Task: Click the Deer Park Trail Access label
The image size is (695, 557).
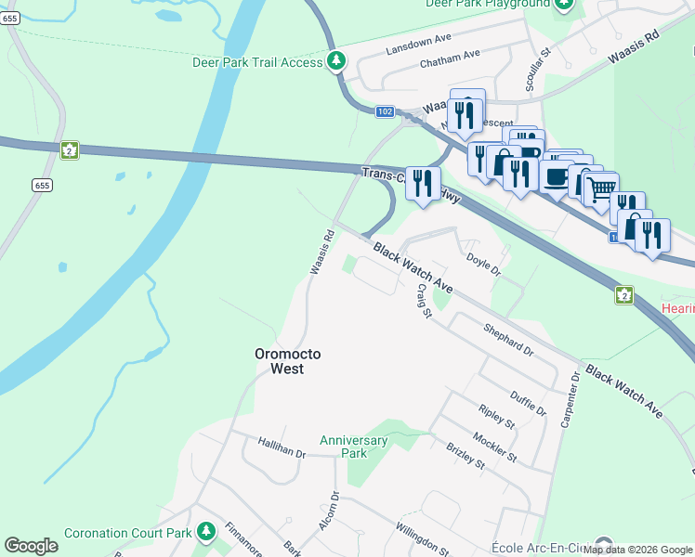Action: click(x=256, y=62)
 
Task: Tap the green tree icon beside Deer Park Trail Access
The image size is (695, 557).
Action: click(x=336, y=62)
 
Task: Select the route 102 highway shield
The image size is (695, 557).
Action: click(x=386, y=111)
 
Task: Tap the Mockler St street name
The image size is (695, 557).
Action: click(x=493, y=446)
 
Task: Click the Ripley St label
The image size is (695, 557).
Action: click(x=496, y=416)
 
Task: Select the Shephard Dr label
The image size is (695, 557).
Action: click(x=508, y=340)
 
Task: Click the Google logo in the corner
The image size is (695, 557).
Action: click(x=32, y=546)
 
